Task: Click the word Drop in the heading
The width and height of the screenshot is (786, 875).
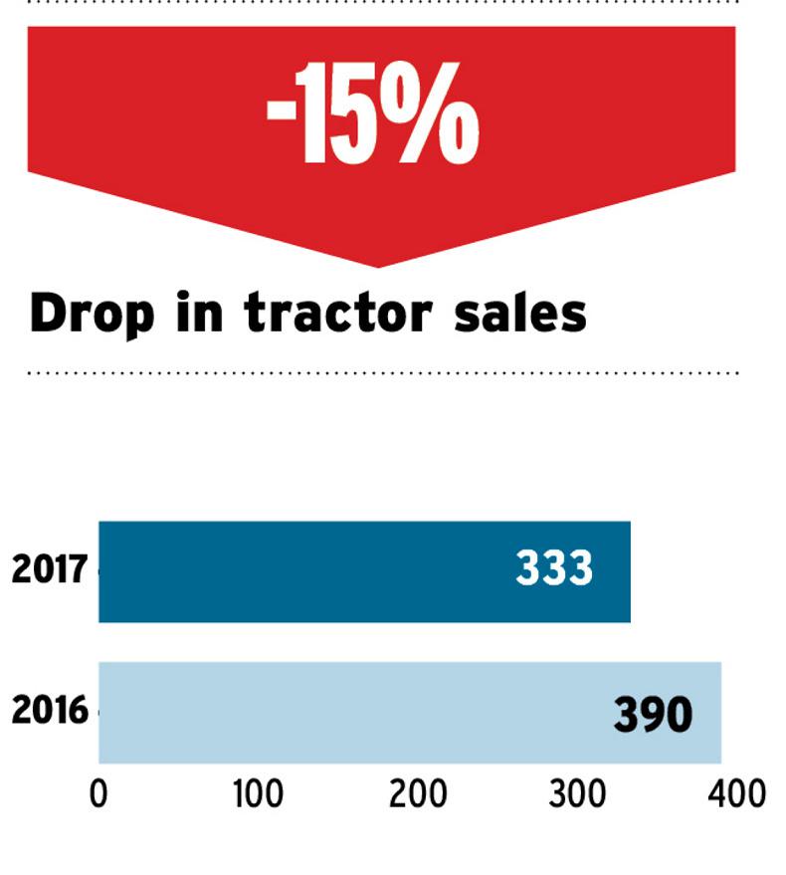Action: click(x=93, y=314)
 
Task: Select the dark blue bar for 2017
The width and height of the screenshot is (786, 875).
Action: click(x=298, y=571)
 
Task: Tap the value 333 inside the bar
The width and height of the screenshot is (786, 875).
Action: click(x=554, y=569)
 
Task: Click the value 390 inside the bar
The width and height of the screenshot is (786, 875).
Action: click(x=653, y=714)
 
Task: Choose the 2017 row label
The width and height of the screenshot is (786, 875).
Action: click(x=50, y=571)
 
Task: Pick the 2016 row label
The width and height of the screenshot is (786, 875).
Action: click(x=50, y=712)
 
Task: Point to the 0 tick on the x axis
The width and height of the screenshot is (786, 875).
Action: click(x=98, y=794)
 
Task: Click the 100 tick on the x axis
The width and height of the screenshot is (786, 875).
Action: click(x=258, y=794)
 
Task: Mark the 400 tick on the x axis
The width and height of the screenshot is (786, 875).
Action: click(x=737, y=794)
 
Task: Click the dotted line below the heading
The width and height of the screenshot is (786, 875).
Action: click(x=383, y=373)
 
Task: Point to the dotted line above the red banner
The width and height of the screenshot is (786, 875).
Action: click(x=383, y=2)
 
